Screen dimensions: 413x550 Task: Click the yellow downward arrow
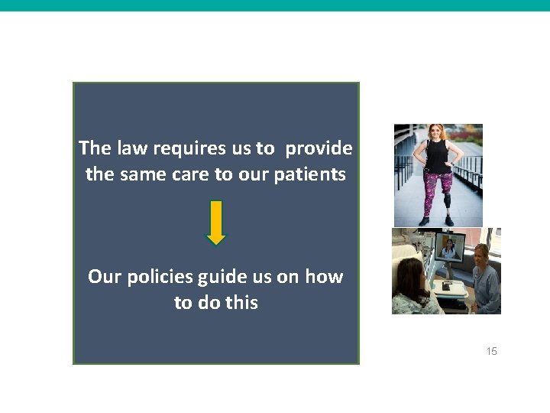click(x=216, y=223)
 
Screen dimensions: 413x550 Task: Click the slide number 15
click(x=491, y=351)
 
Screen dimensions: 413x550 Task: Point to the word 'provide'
click(x=319, y=148)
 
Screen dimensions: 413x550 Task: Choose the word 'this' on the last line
click(x=241, y=303)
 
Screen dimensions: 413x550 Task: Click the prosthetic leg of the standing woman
click(x=447, y=205)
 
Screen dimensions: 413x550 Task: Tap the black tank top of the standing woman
click(x=438, y=156)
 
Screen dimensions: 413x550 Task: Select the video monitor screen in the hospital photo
click(x=449, y=248)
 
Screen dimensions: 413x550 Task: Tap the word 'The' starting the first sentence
click(x=95, y=148)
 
